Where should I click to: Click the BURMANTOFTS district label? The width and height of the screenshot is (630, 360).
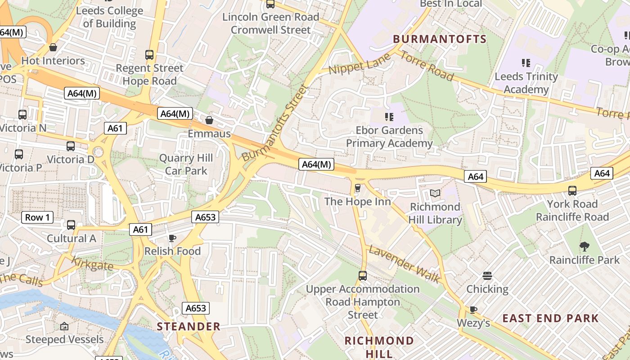click(440, 39)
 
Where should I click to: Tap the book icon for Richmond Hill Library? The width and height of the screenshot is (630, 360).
click(435, 193)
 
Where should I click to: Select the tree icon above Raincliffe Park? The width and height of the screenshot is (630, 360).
click(585, 247)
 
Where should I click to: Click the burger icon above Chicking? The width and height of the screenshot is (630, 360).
click(487, 275)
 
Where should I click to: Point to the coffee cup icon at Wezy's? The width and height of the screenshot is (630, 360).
click(473, 310)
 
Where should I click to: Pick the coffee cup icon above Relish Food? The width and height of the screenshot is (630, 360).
click(172, 238)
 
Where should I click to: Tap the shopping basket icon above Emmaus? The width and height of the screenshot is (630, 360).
click(209, 120)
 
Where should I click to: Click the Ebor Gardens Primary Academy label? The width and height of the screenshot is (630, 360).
click(389, 137)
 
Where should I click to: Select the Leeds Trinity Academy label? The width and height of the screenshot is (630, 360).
click(526, 83)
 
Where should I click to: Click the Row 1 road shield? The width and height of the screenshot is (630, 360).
click(37, 218)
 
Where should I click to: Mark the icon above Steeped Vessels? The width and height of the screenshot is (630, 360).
click(64, 326)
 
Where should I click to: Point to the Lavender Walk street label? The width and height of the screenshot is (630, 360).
click(404, 265)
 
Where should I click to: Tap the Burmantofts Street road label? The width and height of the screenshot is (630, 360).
click(274, 122)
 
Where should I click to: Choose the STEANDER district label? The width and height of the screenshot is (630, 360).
click(189, 327)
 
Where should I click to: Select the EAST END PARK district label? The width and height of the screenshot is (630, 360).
click(550, 319)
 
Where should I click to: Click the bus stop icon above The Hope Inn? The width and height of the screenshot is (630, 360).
click(358, 188)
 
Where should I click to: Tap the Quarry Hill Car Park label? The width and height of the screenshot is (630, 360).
click(186, 164)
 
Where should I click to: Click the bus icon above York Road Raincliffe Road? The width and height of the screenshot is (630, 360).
click(572, 191)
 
